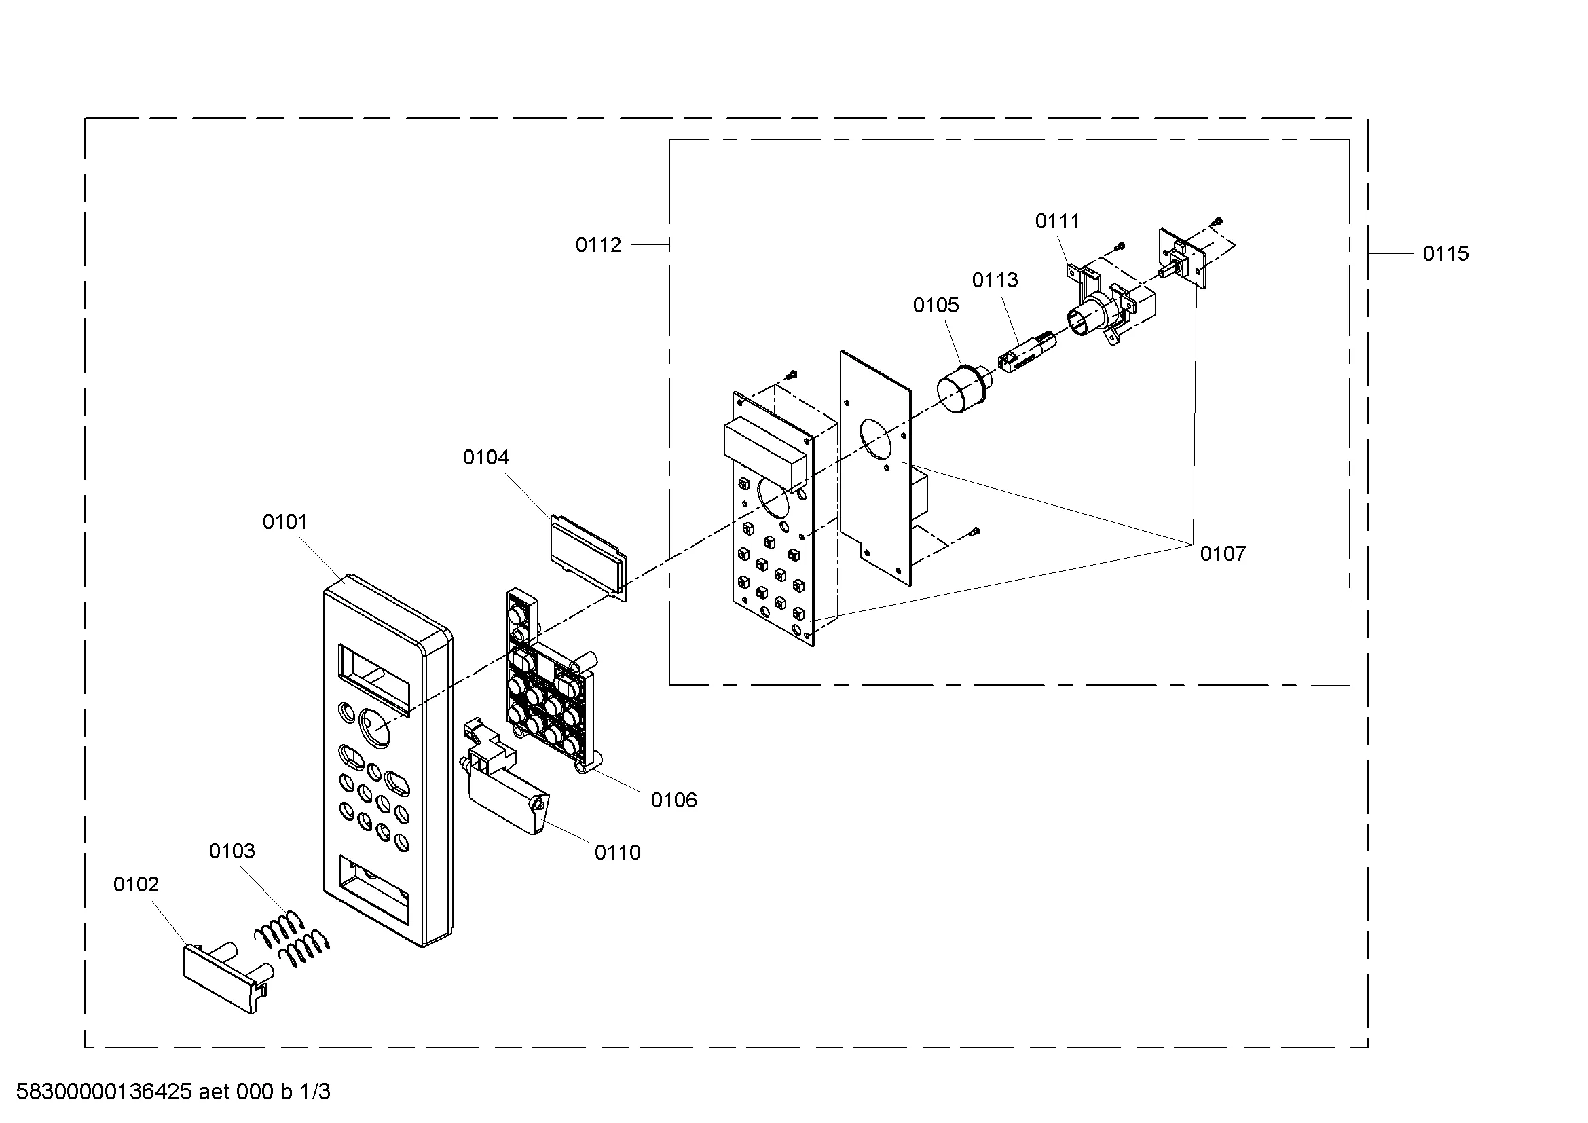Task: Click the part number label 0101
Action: pyautogui.click(x=284, y=522)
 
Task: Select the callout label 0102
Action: pyautogui.click(x=136, y=885)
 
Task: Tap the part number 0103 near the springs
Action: pyautogui.click(x=232, y=851)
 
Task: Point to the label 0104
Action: pyautogui.click(x=485, y=457)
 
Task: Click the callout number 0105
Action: pyautogui.click(x=936, y=305)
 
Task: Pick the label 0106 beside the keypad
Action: pyautogui.click(x=673, y=800)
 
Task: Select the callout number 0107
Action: pyautogui.click(x=1223, y=553)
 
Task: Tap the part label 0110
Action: pyautogui.click(x=618, y=853)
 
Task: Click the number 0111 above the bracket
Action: pyautogui.click(x=1057, y=221)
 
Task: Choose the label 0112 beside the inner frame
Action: pyautogui.click(x=598, y=245)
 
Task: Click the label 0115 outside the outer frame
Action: pyautogui.click(x=1445, y=254)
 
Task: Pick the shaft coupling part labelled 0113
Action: pyautogui.click(x=1026, y=350)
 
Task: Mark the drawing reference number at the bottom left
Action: pyautogui.click(x=173, y=1092)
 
